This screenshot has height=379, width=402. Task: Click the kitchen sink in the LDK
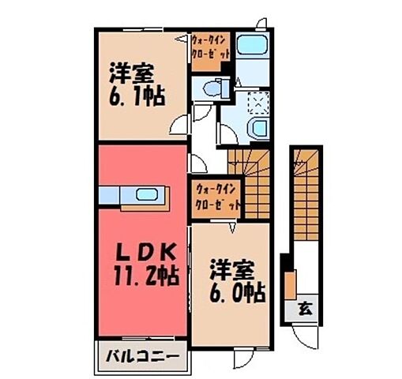pos(147,195)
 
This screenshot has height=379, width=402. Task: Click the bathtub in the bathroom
pos(252,48)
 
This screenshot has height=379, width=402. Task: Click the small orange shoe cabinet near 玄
pos(291,283)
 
